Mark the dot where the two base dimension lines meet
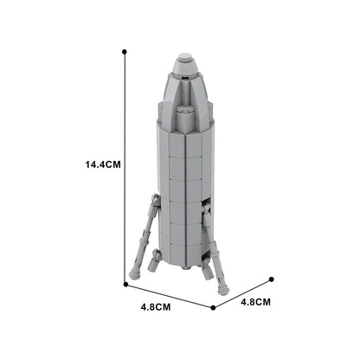pyautogui.click(x=213, y=307)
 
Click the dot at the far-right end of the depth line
pyautogui.click(x=272, y=280)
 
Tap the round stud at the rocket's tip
pyautogui.click(x=184, y=61)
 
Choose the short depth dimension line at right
pyautogui.click(x=242, y=293)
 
